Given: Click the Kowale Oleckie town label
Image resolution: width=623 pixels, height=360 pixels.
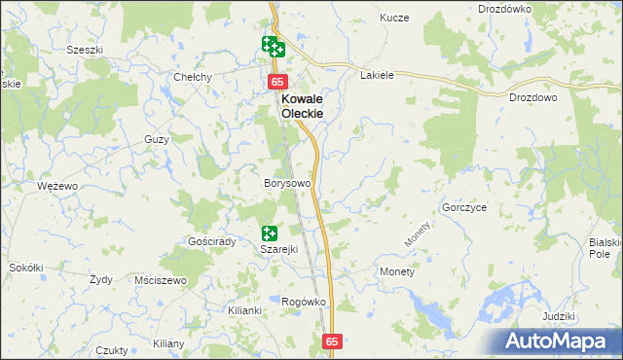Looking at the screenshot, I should [302, 106].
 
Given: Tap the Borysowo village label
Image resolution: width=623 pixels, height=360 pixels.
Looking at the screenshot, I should [287, 183].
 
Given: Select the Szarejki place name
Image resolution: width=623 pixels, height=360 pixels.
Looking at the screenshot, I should [277, 249].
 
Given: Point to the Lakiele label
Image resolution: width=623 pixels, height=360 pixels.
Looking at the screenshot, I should [377, 75].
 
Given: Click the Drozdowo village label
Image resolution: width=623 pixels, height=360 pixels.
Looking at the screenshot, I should [532, 98].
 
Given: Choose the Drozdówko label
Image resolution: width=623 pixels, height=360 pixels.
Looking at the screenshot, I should [504, 9].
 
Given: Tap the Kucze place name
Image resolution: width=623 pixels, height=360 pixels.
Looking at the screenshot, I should [395, 18].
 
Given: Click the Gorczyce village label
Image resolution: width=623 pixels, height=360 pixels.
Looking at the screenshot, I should [464, 208].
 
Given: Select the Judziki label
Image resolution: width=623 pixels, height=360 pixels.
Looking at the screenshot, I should [559, 317].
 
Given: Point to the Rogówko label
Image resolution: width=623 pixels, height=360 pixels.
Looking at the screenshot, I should [303, 302].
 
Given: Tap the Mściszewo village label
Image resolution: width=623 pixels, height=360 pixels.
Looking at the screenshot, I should [162, 280].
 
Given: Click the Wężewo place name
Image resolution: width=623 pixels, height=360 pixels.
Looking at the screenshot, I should [56, 185].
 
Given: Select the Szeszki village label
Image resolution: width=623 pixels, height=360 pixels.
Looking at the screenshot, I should [85, 50].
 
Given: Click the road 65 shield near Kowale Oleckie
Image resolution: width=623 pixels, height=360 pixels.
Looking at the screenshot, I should [278, 83].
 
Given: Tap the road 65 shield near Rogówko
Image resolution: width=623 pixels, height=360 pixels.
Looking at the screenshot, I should [333, 342].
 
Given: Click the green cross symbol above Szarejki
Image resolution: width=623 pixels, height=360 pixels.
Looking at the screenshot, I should [270, 233].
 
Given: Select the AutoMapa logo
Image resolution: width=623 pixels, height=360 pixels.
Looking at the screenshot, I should [558, 341].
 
